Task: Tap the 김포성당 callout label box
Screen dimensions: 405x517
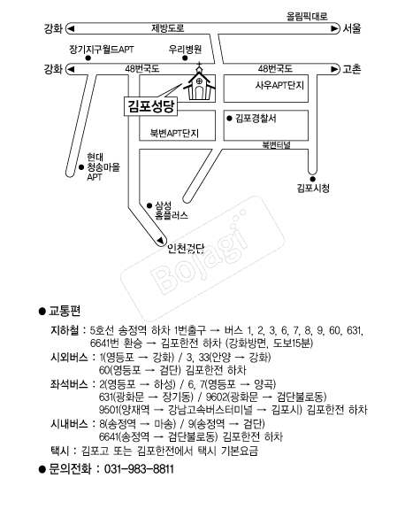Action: [151, 106]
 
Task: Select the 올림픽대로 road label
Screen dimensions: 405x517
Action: [307, 16]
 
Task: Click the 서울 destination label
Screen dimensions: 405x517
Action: [352, 28]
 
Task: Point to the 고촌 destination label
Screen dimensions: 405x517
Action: [352, 69]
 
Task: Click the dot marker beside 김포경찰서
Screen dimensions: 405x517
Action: [230, 119]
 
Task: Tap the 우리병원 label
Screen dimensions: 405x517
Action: [185, 50]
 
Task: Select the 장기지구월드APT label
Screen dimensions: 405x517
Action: [102, 50]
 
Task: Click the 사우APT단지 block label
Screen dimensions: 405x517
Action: [279, 85]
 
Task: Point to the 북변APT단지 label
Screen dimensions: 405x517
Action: [174, 133]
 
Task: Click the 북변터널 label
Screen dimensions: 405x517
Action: [276, 145]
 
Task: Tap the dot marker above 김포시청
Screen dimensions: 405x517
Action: [312, 179]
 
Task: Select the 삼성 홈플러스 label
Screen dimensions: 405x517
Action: [172, 211]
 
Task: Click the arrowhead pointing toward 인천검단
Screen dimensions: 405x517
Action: [160, 241]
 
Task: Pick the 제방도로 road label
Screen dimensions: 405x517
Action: [168, 28]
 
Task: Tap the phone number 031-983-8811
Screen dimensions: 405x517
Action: [139, 469]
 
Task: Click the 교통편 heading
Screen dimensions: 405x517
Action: [65, 311]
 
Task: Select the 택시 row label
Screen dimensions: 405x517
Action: [60, 451]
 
